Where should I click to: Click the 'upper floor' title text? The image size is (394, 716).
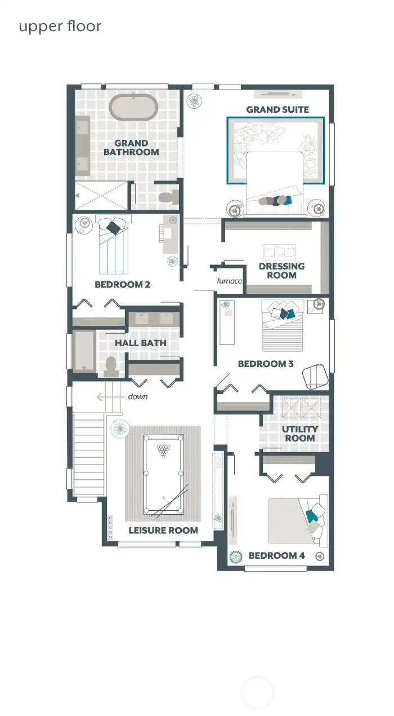tap(60, 26)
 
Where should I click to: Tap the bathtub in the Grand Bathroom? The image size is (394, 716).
tap(133, 107)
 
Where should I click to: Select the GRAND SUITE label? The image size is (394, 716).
tap(277, 109)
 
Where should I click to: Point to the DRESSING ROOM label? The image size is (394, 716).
tap(281, 271)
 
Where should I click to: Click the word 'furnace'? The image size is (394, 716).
tap(230, 281)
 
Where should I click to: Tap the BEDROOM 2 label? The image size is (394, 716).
tap(122, 285)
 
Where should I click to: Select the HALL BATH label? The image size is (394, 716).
tap(141, 343)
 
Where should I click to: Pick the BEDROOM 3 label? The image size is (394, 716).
tap(266, 364)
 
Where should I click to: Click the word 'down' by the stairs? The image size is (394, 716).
tap(137, 397)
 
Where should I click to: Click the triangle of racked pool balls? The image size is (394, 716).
tap(163, 450)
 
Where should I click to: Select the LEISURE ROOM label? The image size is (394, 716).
tap(163, 530)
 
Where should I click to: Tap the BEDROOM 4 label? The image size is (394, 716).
tap(277, 556)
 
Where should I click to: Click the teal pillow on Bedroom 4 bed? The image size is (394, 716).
tap(311, 515)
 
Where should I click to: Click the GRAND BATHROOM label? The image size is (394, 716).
tap(131, 148)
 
